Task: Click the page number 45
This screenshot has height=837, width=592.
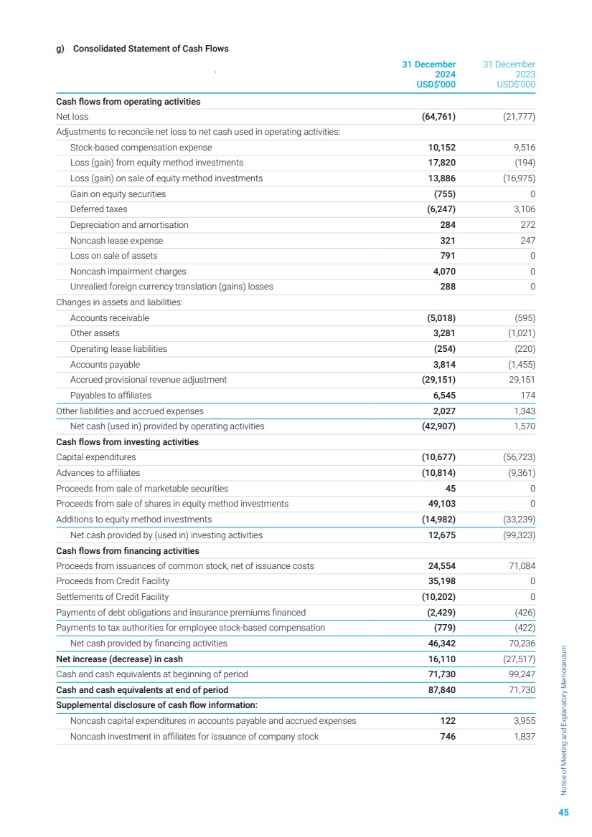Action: pos(563,813)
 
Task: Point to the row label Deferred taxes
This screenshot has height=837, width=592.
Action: pos(98,209)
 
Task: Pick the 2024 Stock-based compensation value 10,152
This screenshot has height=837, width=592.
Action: pos(438,148)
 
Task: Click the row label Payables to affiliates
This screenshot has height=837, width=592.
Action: pos(111,396)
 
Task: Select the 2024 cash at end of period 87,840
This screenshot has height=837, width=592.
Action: pos(438,690)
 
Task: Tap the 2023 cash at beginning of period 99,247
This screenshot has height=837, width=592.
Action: pos(519,674)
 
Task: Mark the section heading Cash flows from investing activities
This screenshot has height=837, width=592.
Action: pos(127,442)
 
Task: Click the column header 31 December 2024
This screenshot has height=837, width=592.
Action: pos(428,75)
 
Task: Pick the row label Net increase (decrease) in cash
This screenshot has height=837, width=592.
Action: pos(119,659)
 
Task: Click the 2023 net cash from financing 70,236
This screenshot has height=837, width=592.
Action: pos(519,644)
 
